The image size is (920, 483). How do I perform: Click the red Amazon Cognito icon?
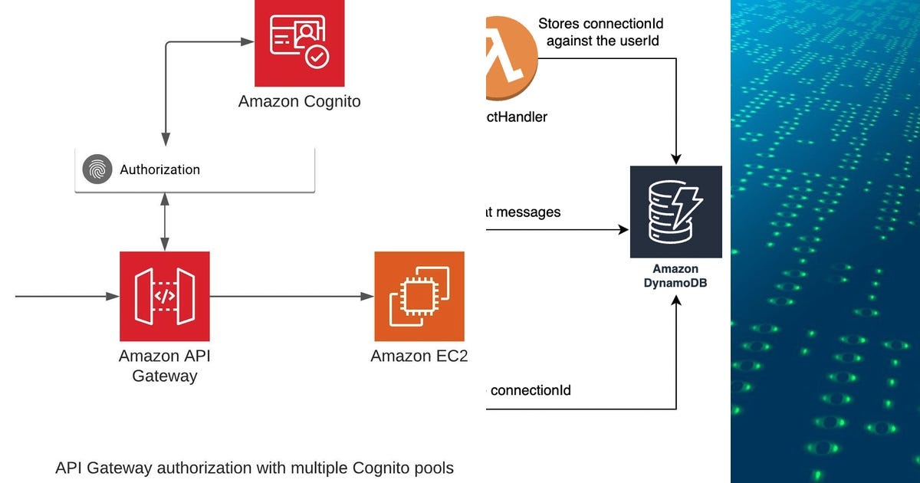click(x=299, y=43)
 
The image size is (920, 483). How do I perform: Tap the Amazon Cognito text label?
click(x=299, y=101)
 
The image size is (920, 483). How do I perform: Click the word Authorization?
click(x=159, y=169)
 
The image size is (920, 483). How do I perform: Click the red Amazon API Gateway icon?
click(x=165, y=296)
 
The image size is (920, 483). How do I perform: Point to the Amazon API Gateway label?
click(x=165, y=366)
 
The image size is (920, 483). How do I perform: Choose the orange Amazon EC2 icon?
click(x=419, y=296)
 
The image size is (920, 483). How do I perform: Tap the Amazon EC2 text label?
click(x=419, y=356)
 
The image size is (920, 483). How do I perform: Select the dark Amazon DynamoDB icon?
click(x=675, y=212)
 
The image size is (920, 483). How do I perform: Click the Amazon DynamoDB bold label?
click(x=675, y=275)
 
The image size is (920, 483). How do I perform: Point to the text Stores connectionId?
click(x=600, y=24)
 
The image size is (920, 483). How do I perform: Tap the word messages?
click(x=528, y=212)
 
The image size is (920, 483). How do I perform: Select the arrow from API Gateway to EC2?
click(x=291, y=296)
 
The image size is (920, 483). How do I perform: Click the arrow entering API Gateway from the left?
click(x=65, y=296)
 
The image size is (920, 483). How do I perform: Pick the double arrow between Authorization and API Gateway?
click(x=164, y=222)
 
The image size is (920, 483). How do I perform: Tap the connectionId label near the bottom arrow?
click(x=530, y=390)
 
